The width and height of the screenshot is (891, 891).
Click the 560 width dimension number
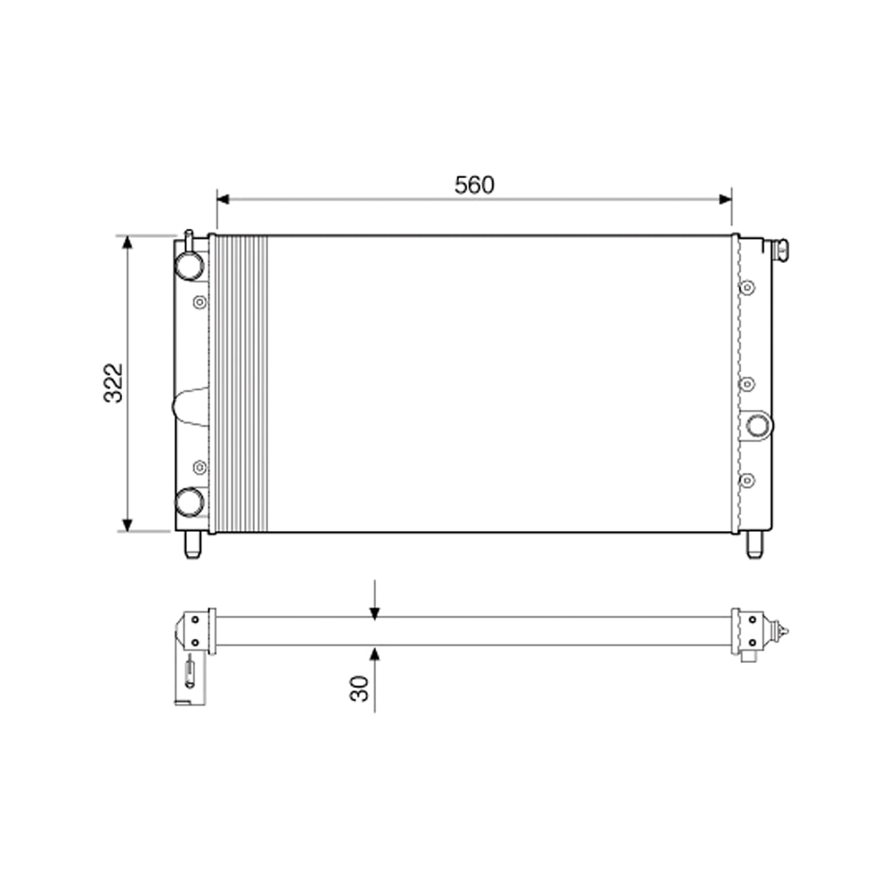point(474,185)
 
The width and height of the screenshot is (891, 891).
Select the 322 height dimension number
point(113,383)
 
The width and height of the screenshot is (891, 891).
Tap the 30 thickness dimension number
point(359,687)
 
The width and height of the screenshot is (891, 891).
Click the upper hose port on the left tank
point(189,265)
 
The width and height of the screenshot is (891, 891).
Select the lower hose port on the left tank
point(189,502)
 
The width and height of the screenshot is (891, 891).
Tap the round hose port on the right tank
point(758,425)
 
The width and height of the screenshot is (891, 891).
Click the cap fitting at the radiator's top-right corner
point(781,250)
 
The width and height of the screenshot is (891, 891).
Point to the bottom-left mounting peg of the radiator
point(192,544)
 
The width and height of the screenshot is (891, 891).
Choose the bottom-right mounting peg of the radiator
point(754,544)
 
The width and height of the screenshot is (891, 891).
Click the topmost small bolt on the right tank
point(748,287)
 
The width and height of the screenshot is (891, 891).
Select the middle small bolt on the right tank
point(748,383)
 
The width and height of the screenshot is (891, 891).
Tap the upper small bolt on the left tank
point(200,300)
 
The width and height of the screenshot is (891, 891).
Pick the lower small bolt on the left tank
point(200,466)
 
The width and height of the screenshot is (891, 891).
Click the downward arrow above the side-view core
point(375,610)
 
